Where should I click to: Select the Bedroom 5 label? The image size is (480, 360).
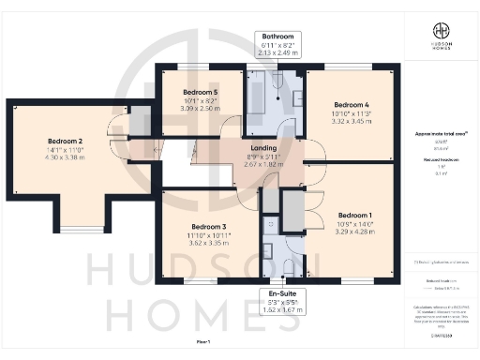[x=200, y=93]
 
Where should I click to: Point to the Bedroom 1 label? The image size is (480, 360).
[x=353, y=213]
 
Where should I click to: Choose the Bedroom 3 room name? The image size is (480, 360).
[x=209, y=227]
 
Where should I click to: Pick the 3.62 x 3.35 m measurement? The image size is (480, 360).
[x=209, y=243]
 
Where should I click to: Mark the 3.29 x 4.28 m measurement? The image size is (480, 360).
[x=353, y=230]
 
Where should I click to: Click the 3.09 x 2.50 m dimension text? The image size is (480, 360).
[x=200, y=109]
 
